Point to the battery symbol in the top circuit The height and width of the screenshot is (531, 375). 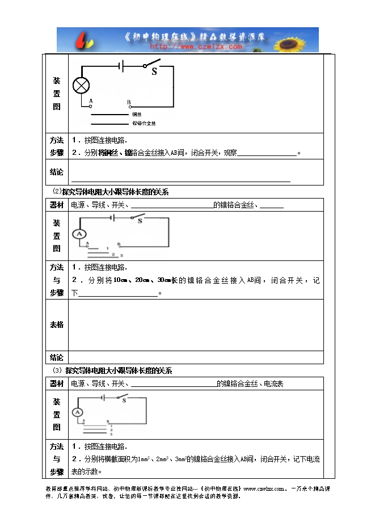click(x=121, y=66)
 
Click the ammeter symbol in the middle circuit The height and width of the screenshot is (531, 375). click(x=80, y=234)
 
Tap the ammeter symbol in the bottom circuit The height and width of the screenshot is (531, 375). click(x=78, y=412)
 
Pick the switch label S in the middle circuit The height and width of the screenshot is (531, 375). click(x=140, y=221)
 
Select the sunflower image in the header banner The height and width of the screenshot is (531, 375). click(x=298, y=40)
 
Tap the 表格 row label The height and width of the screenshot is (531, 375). click(x=57, y=325)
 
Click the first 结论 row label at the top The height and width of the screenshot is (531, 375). click(x=57, y=172)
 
